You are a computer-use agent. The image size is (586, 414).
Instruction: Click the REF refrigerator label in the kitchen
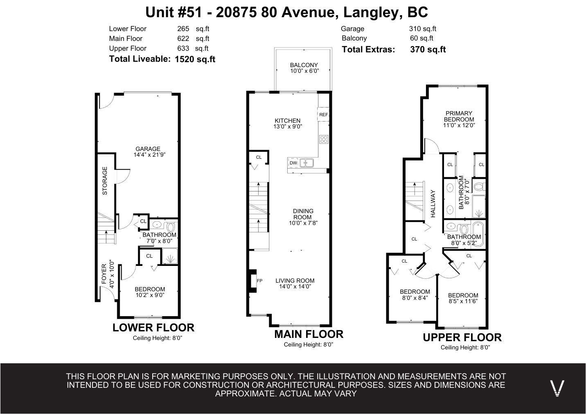(323, 115)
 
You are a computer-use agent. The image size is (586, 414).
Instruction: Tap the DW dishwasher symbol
(293, 163)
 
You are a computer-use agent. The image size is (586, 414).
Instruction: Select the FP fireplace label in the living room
(259, 281)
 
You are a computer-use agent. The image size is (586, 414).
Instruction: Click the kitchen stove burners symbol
(324, 139)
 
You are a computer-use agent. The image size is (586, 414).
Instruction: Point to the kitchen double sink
(307, 163)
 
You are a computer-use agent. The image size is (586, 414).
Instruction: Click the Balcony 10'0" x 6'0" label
(304, 68)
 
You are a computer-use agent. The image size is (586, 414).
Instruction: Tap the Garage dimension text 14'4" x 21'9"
(149, 155)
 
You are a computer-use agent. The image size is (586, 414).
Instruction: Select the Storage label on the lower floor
(105, 180)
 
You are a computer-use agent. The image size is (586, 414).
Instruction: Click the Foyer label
(104, 274)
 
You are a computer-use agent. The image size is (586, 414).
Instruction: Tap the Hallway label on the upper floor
(433, 203)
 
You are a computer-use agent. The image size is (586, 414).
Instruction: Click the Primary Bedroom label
(459, 116)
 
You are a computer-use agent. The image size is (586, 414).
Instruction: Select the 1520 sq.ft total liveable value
(195, 59)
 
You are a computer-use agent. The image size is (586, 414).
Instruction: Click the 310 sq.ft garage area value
(422, 29)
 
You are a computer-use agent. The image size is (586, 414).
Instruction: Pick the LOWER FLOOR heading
(153, 328)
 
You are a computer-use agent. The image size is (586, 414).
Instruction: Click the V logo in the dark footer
(557, 387)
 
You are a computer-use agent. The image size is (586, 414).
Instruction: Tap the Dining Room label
(303, 214)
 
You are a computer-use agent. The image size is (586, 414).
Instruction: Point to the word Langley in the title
(372, 12)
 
